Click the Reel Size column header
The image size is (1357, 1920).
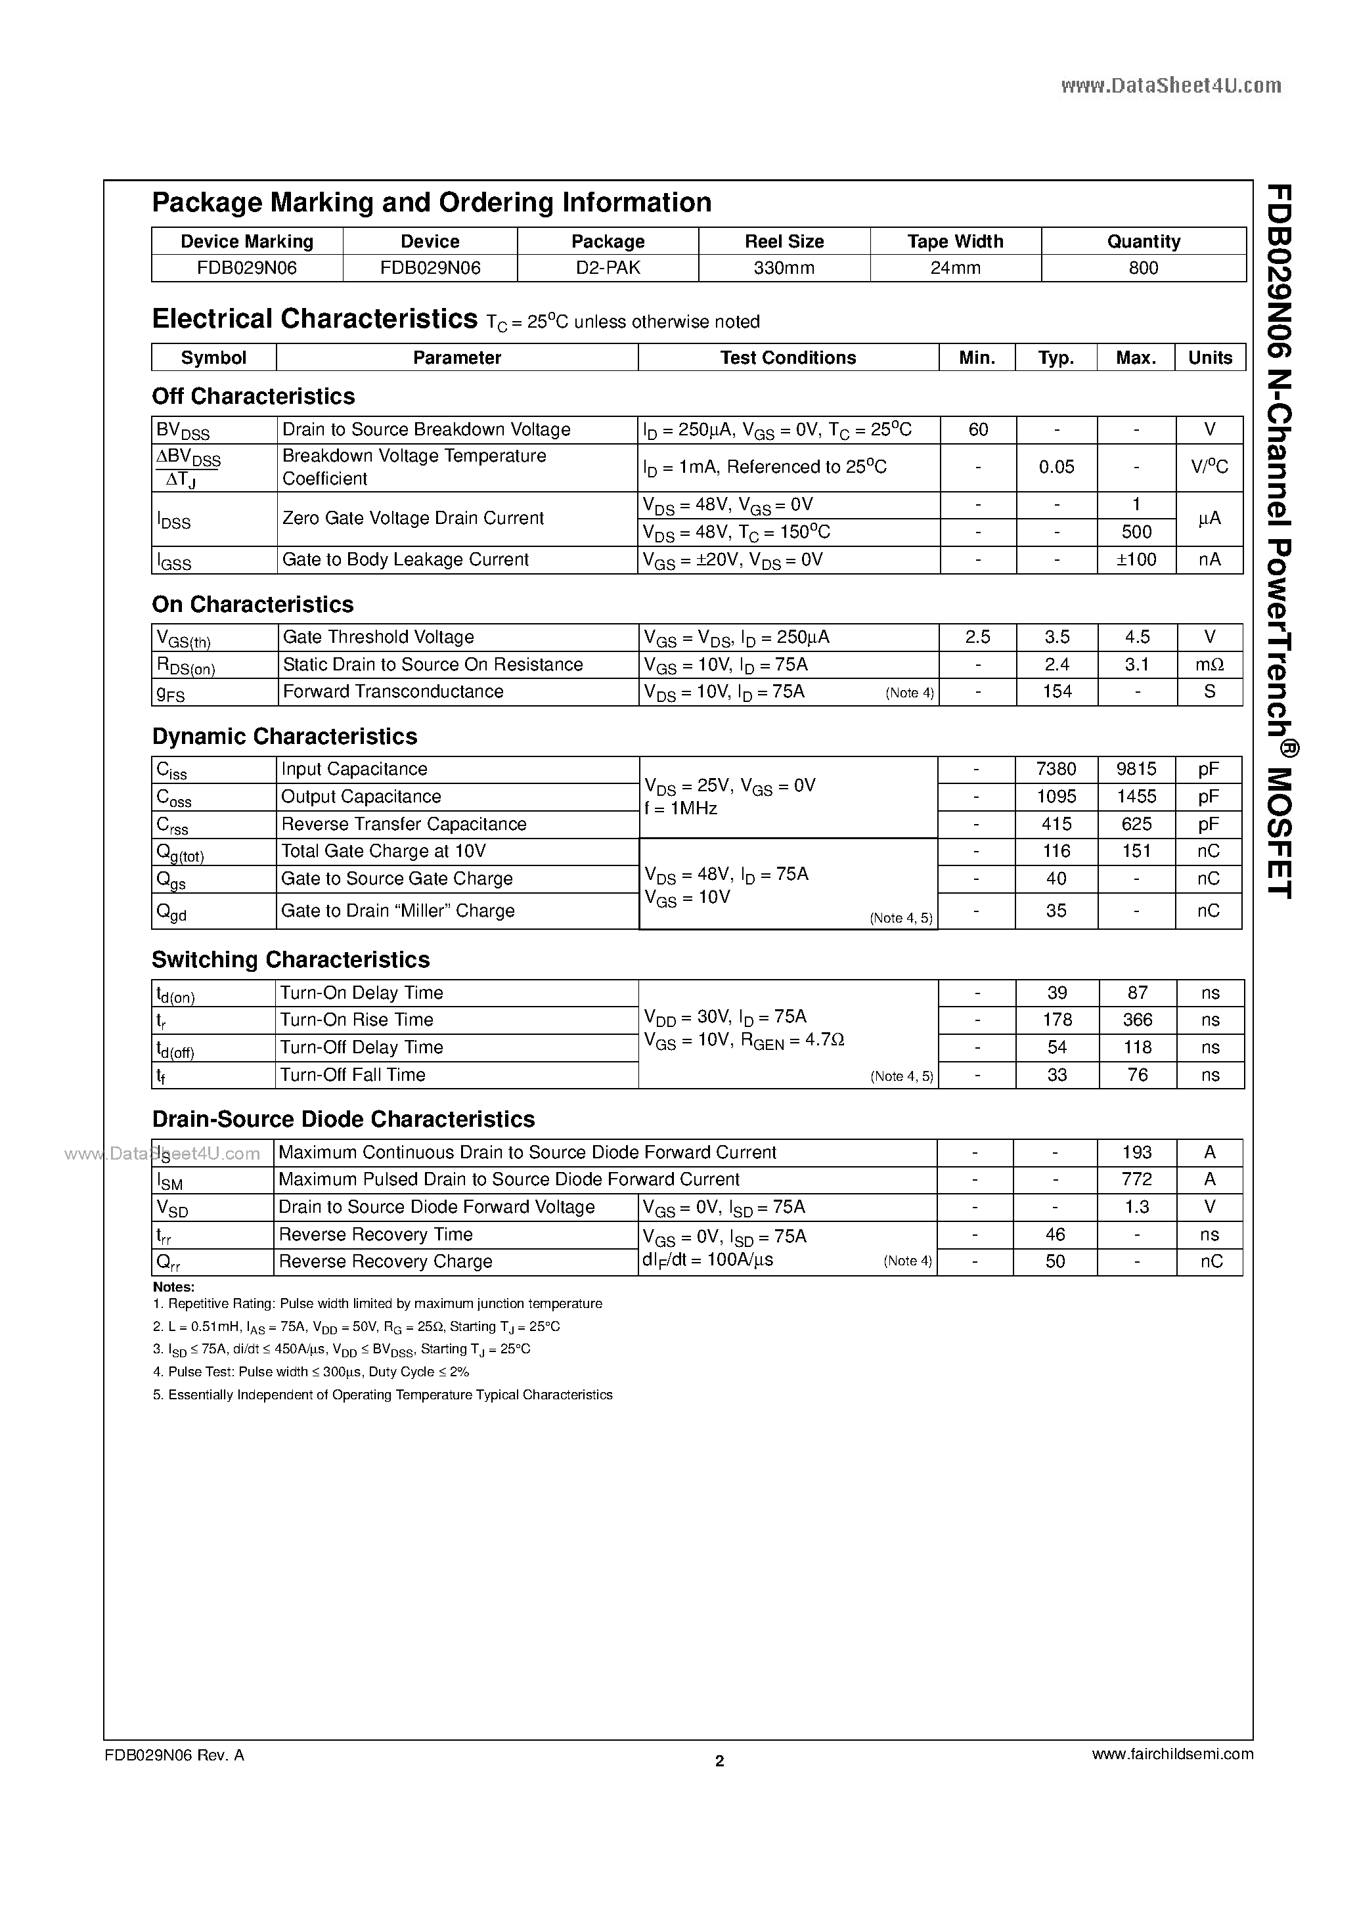click(x=784, y=242)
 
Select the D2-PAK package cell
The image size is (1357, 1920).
click(x=608, y=269)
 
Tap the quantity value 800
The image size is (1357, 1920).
click(x=1143, y=269)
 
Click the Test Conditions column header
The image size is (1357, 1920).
click(x=788, y=358)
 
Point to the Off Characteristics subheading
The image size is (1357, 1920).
click(x=253, y=397)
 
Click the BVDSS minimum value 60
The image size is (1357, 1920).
click(x=977, y=430)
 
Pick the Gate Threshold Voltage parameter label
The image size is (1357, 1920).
click(x=378, y=637)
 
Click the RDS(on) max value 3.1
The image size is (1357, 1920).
click(x=1136, y=665)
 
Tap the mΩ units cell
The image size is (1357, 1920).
click(x=1209, y=665)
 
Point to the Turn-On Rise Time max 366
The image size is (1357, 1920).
click(x=1137, y=1020)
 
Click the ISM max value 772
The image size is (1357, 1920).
click(x=1136, y=1180)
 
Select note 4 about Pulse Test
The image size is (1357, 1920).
click(x=311, y=1372)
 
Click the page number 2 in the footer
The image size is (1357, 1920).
click(x=719, y=1761)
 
